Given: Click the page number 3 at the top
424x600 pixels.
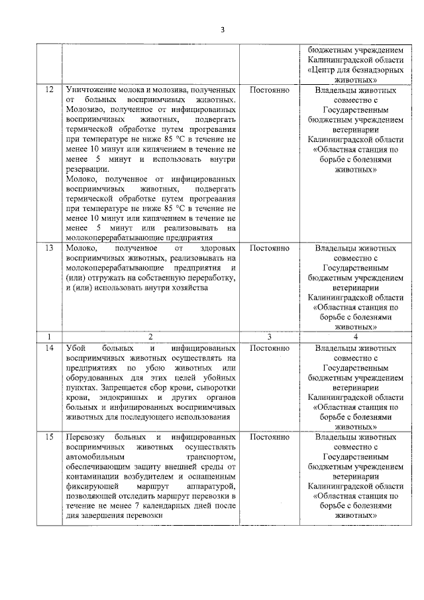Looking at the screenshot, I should click(x=223, y=30).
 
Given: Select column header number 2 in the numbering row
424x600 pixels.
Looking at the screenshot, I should click(x=150, y=337).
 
